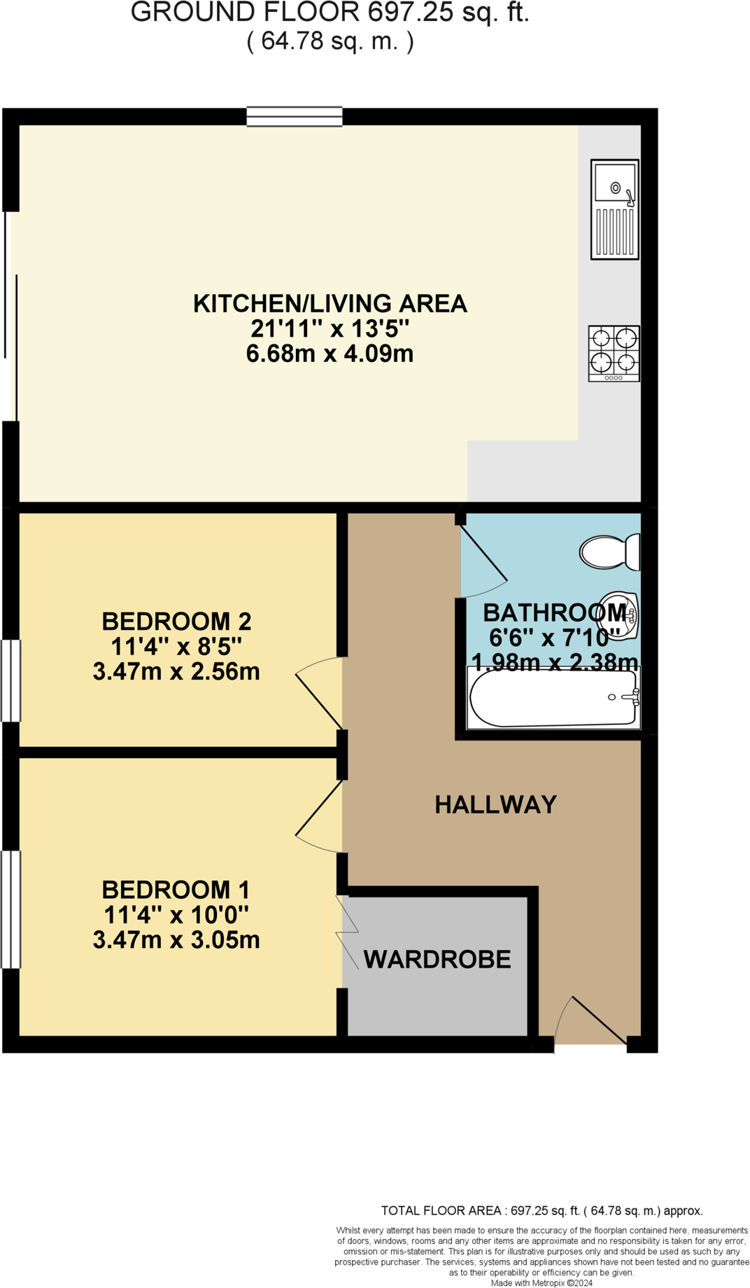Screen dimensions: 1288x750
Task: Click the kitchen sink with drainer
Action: tap(614, 209)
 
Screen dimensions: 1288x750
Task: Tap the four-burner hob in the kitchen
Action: tap(614, 353)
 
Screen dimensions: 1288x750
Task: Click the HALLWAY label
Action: tap(495, 805)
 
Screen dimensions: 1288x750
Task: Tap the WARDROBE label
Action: tap(437, 960)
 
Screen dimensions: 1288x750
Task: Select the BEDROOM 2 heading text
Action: tap(176, 621)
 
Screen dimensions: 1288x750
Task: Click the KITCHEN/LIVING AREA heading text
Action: tap(330, 303)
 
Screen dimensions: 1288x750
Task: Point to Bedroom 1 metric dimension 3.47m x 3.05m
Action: tap(176, 940)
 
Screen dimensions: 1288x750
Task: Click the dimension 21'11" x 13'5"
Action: tap(330, 328)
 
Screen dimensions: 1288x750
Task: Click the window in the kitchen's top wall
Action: tap(295, 116)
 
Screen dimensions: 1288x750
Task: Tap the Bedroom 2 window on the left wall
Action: tap(10, 680)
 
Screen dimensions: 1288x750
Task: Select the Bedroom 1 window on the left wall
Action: tap(10, 909)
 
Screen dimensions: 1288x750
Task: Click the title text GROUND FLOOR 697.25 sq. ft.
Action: tap(330, 13)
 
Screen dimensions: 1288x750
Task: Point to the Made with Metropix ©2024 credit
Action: tap(542, 1282)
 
